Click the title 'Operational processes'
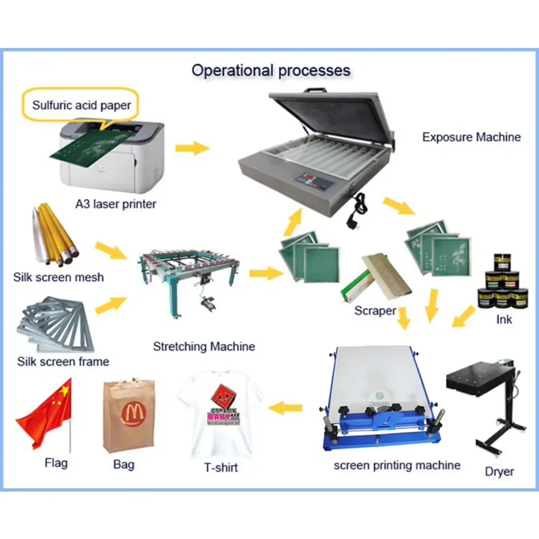[x=271, y=70]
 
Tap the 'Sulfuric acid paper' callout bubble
[x=81, y=105]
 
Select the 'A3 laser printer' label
[x=116, y=204]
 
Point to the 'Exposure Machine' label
[x=471, y=137]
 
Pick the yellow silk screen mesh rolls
[x=56, y=237]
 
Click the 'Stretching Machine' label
[x=204, y=346]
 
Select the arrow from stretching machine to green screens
[x=265, y=273]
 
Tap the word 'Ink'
[x=504, y=320]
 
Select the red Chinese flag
[x=46, y=412]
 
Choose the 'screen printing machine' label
[x=397, y=465]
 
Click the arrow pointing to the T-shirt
[x=285, y=408]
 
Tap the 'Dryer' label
[x=499, y=472]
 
